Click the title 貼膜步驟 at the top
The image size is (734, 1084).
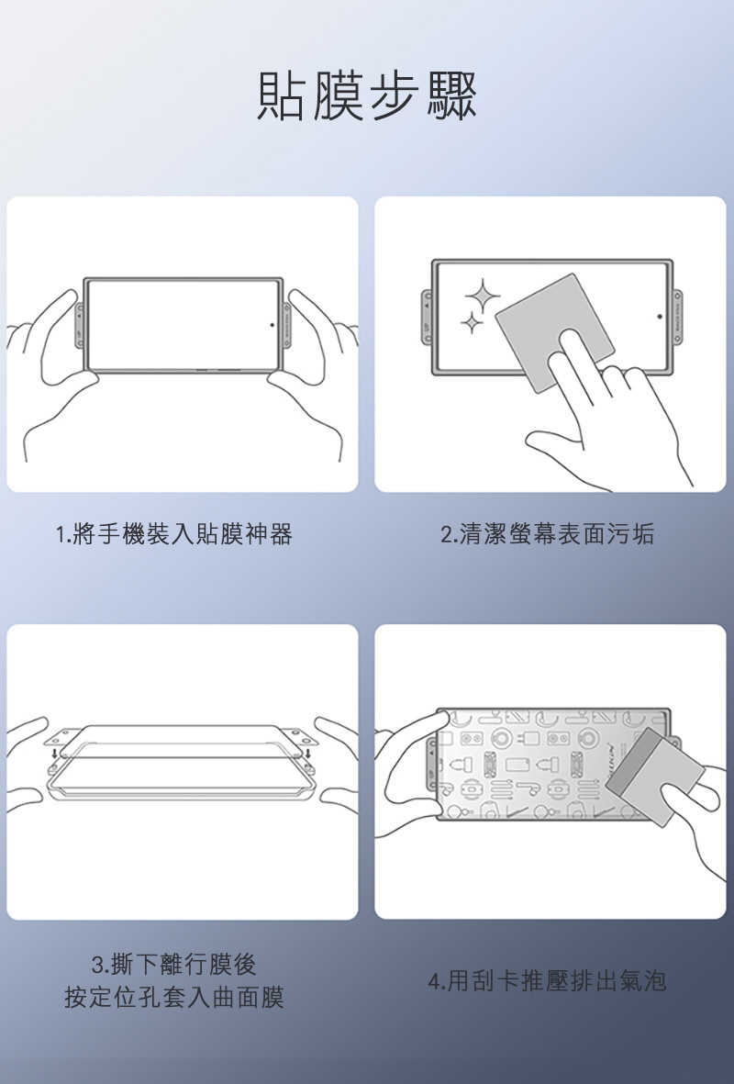[367, 95]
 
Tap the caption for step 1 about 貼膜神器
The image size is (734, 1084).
[174, 534]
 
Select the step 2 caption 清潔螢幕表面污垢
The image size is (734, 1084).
[548, 534]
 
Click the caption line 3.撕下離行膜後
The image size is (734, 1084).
[174, 964]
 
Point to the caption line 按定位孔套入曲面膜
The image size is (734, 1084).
[174, 998]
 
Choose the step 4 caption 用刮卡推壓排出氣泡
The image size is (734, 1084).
[548, 981]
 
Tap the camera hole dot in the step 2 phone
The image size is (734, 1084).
[659, 317]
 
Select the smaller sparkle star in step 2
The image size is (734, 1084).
[471, 322]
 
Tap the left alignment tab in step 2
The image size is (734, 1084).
[427, 317]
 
